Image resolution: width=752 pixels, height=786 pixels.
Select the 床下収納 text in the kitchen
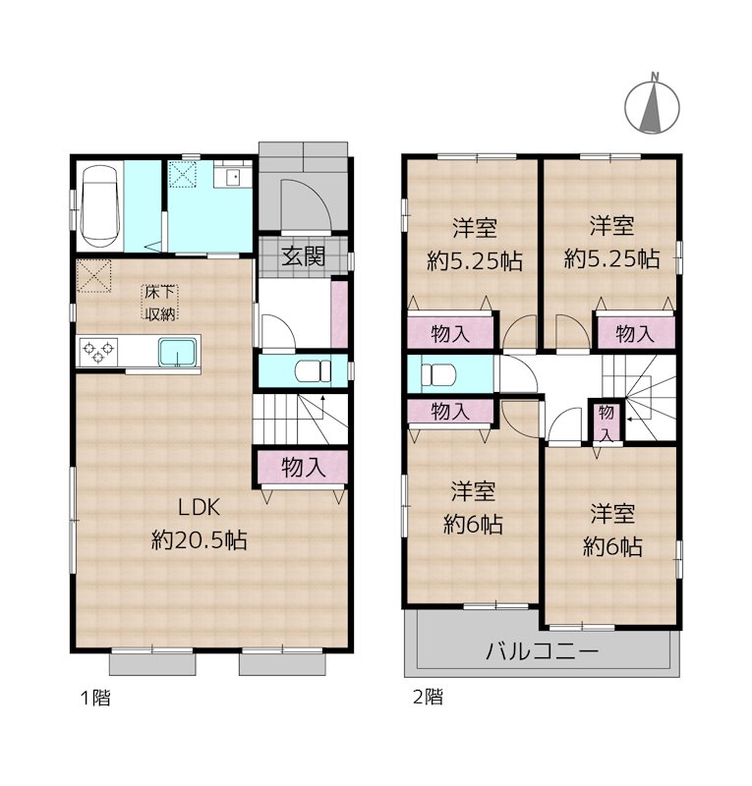(159, 303)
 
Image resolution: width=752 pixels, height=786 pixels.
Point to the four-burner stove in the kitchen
(98, 350)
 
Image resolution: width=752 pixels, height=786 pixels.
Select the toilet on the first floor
(313, 371)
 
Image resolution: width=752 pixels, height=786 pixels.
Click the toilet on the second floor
(436, 374)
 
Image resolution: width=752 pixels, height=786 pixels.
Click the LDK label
(203, 508)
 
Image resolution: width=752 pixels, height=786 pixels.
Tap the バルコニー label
(542, 650)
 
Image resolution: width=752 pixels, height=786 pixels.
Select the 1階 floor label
(94, 699)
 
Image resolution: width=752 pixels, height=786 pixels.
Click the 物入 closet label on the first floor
(303, 468)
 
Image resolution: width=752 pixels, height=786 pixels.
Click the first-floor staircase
(301, 419)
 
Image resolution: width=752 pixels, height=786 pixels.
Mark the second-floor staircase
(643, 398)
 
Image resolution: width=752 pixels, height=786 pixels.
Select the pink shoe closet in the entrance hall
(340, 313)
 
